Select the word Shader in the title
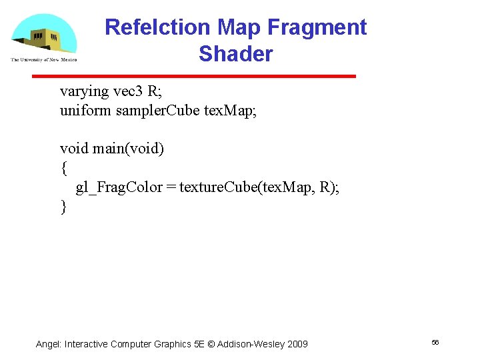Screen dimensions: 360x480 tap(235, 53)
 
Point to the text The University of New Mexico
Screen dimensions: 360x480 tap(44, 60)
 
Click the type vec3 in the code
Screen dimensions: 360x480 tap(125, 91)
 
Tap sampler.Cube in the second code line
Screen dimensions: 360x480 tap(157, 110)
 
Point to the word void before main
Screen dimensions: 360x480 tap(74, 148)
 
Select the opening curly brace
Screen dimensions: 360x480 tap(63, 167)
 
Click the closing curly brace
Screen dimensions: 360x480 tap(63, 207)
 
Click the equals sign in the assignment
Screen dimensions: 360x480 tap(172, 187)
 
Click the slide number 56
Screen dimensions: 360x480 tap(435, 342)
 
